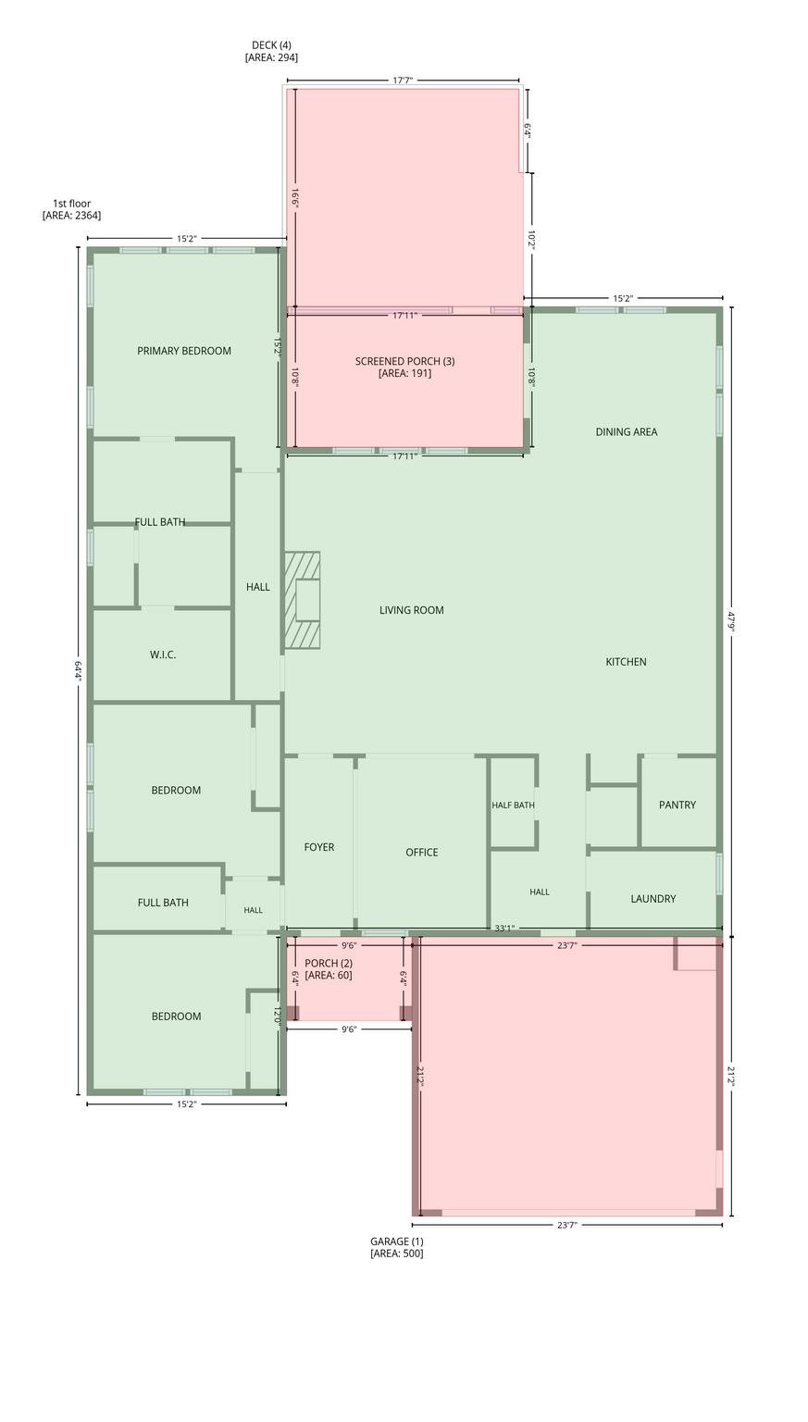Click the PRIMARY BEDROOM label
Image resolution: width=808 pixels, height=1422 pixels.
coord(184,351)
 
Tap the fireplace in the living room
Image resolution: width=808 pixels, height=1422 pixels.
coord(302,600)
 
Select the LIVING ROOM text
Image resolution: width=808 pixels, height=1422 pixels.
coord(411,610)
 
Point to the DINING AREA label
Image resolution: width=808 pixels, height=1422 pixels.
coord(627,431)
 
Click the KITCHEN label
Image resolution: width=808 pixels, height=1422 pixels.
coord(626,662)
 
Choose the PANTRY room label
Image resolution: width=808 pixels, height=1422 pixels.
coord(677,805)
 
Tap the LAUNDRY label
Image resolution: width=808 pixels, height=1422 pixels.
coord(653,899)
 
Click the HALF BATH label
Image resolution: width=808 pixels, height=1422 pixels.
coord(513,805)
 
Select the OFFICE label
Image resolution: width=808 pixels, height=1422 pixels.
coord(422,853)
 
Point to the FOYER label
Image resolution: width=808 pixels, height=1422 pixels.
coord(319,847)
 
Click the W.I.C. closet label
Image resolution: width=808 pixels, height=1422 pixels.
coord(163,655)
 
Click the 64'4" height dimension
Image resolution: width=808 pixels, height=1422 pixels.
coord(78,669)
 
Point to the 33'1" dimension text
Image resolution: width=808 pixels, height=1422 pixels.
coord(504,929)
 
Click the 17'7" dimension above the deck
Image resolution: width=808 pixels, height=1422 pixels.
coord(403,80)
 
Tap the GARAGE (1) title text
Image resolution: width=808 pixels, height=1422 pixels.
coord(397,1241)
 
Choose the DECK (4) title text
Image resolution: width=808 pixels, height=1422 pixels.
coord(272,45)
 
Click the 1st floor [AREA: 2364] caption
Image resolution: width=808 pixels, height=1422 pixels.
coord(71,209)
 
